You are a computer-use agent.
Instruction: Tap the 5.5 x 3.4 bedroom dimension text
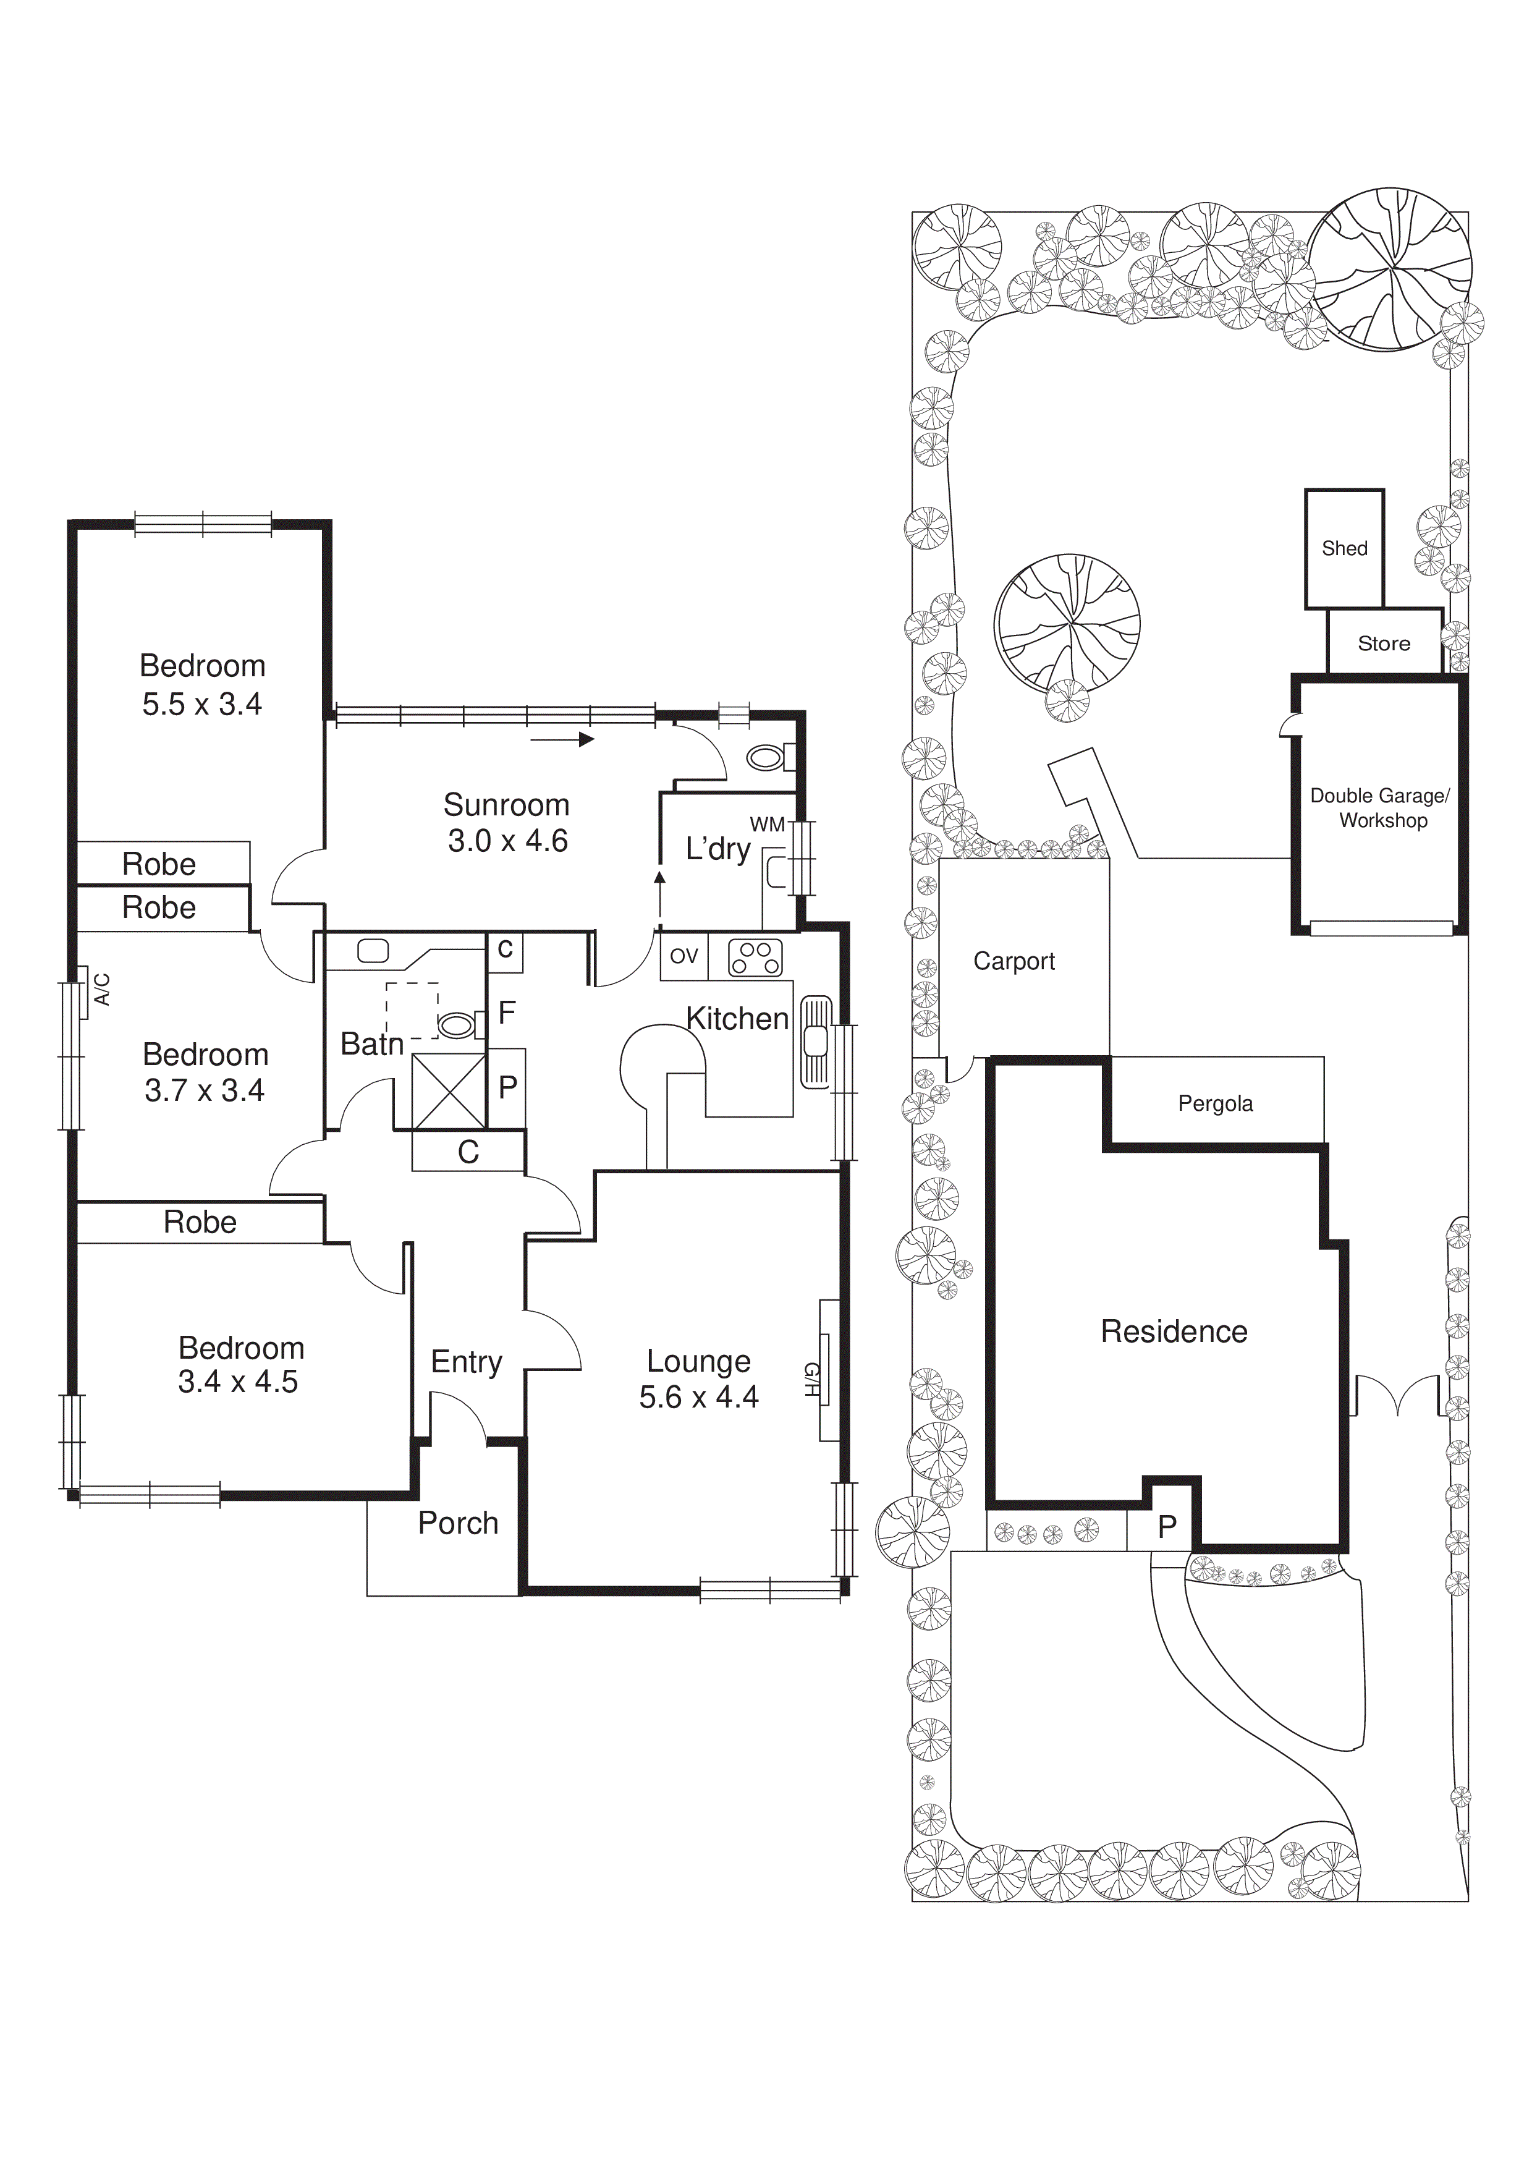click(202, 703)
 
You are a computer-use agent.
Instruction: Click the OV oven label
click(684, 956)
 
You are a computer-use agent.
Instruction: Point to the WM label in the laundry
click(767, 825)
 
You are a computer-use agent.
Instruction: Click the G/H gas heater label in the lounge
click(810, 1379)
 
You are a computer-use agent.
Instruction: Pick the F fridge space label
click(507, 1013)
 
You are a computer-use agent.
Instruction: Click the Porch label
click(457, 1523)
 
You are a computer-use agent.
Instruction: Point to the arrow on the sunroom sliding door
click(563, 739)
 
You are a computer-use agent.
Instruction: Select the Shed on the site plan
click(1344, 548)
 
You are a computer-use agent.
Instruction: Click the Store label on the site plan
click(1384, 643)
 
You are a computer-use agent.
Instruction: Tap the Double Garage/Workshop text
click(1380, 807)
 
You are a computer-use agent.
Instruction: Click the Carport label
click(1014, 961)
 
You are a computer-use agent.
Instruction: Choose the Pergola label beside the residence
click(1215, 1104)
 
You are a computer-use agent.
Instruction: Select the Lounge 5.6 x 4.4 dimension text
click(698, 1396)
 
